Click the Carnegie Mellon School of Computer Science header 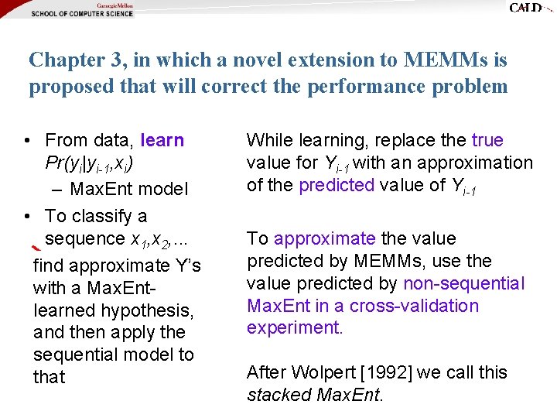pyautogui.click(x=82, y=10)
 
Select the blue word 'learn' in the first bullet pyautogui.click(x=162, y=140)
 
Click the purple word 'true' pyautogui.click(x=487, y=140)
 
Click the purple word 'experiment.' pyautogui.click(x=295, y=327)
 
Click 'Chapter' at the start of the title pyautogui.click(x=61, y=59)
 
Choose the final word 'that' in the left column pyautogui.click(x=50, y=377)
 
